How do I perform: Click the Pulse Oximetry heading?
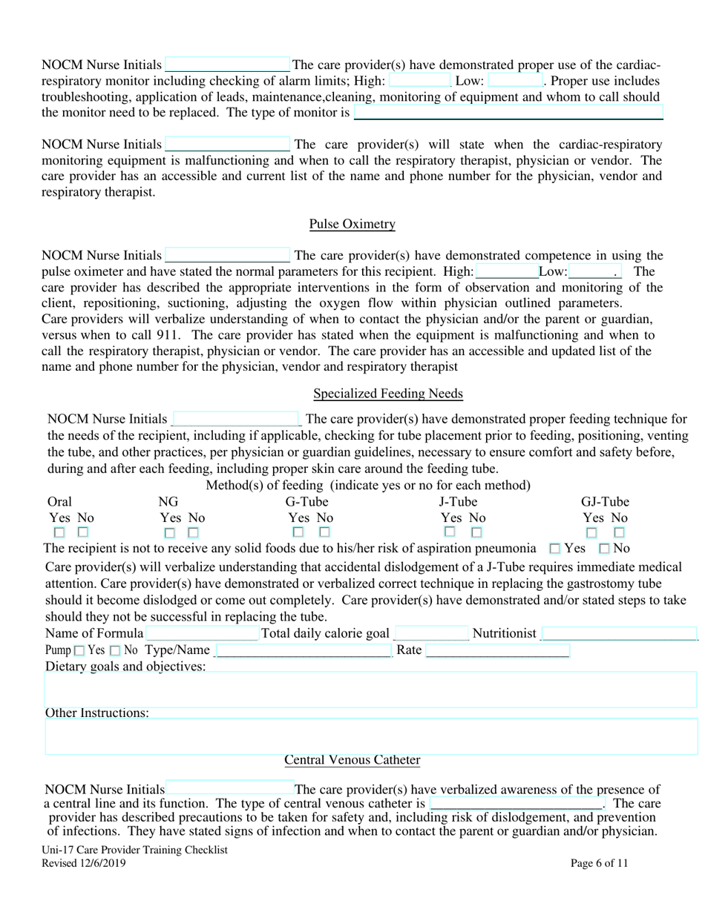352,224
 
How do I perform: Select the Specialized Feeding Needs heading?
388,394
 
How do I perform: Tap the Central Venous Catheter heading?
352,760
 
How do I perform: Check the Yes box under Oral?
59,532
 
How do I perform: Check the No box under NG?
193,532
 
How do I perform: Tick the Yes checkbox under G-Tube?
298,532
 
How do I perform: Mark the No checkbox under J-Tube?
476,532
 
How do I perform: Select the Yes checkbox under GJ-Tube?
591,532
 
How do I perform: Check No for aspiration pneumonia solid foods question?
604,549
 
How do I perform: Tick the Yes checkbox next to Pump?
79,651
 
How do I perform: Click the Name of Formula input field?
202,633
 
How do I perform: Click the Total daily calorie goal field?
431,633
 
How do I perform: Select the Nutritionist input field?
619,633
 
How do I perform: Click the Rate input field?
498,651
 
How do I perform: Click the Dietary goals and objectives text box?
371,690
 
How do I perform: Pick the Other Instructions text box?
371,736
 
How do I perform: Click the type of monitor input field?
508,113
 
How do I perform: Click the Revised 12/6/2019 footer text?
84,863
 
